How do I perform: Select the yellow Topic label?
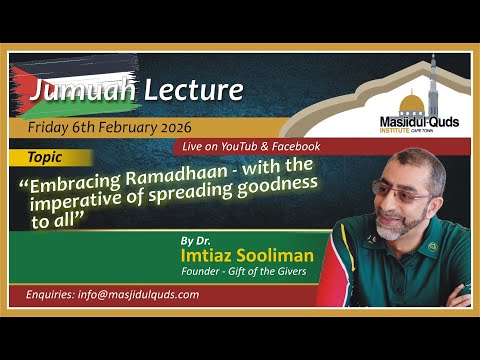click(48, 158)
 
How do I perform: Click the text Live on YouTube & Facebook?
click(251, 146)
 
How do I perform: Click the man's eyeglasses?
click(400, 192)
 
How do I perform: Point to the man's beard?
click(396, 224)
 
